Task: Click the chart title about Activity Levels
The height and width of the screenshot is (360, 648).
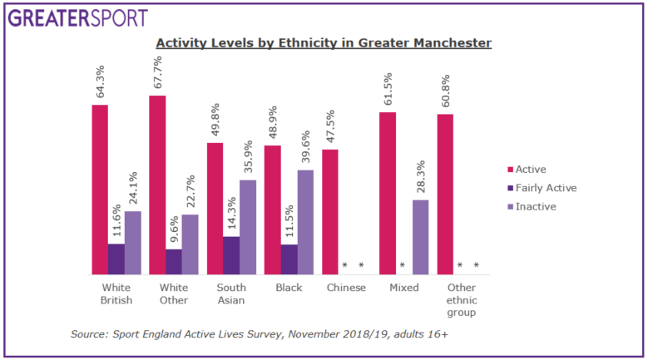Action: [324, 42]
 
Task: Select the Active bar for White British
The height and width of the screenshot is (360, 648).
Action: [100, 190]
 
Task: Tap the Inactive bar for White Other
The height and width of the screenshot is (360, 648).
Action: [190, 244]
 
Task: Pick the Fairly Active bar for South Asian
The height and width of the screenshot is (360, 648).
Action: [230, 255]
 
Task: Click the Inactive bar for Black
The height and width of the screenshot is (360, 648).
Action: [305, 222]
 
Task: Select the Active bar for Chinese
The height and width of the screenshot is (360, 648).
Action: [330, 212]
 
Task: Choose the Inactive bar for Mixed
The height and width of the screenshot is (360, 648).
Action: [420, 237]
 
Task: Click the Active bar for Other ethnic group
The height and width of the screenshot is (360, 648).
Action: [445, 194]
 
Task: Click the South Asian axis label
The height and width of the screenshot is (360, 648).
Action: [223, 293]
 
